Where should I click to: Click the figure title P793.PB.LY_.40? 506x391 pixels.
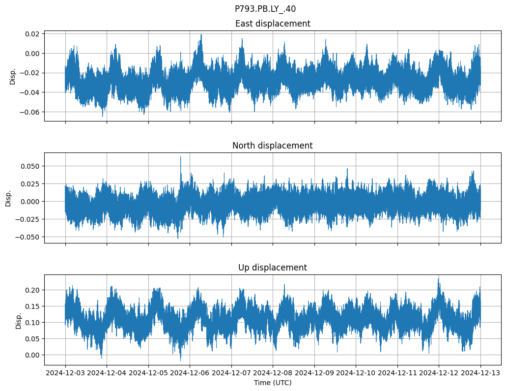pyautogui.click(x=265, y=9)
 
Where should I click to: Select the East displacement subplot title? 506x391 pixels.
pyautogui.click(x=273, y=24)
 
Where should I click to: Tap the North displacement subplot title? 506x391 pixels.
pyautogui.click(x=273, y=146)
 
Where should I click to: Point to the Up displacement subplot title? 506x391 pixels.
pyautogui.click(x=273, y=268)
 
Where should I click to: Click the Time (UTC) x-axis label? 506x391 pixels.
pyautogui.click(x=273, y=383)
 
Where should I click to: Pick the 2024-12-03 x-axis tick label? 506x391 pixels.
pyautogui.click(x=66, y=373)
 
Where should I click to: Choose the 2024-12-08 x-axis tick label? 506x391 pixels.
pyautogui.click(x=273, y=373)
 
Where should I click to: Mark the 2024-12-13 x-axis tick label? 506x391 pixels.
pyautogui.click(x=480, y=373)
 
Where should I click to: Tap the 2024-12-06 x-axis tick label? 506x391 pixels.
pyautogui.click(x=190, y=373)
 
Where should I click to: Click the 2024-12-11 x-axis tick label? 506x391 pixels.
pyautogui.click(x=397, y=373)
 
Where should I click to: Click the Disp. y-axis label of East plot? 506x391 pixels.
pyautogui.click(x=13, y=76)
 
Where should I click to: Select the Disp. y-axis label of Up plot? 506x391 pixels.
pyautogui.click(x=19, y=320)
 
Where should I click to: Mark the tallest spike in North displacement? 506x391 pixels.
pyautogui.click(x=180, y=157)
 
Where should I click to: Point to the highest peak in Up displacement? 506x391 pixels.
pyautogui.click(x=438, y=279)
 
